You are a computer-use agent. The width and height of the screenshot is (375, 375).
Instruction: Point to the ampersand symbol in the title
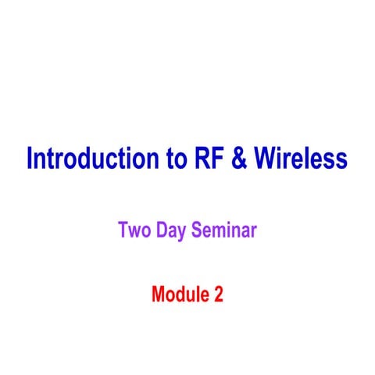pyautogui.click(x=239, y=159)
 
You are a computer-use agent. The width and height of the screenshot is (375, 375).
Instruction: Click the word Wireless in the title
pyautogui.click(x=300, y=159)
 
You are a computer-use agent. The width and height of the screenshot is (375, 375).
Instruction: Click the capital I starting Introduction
pyautogui.click(x=30, y=159)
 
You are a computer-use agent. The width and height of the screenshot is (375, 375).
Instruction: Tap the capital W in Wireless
pyautogui.click(x=264, y=159)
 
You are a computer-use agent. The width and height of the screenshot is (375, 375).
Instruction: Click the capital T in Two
pyautogui.click(x=123, y=231)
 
